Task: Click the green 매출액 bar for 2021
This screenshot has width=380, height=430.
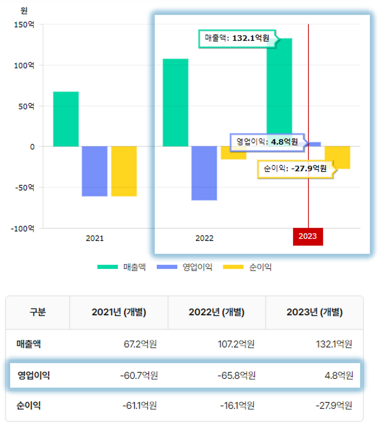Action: click(x=66, y=119)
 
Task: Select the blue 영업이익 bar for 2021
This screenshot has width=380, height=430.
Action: click(x=94, y=171)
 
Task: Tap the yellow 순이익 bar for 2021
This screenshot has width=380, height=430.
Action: click(x=124, y=171)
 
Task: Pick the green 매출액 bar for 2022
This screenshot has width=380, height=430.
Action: click(x=175, y=102)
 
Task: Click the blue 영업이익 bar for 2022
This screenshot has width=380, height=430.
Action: click(x=204, y=173)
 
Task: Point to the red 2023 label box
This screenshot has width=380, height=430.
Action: click(x=308, y=236)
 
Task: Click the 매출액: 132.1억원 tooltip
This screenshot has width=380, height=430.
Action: click(x=237, y=38)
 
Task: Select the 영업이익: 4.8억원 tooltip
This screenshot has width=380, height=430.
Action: click(x=267, y=142)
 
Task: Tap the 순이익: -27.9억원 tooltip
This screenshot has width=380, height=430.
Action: click(x=295, y=169)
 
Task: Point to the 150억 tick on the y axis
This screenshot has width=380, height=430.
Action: click(x=24, y=25)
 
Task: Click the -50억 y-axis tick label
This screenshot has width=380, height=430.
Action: click(x=25, y=188)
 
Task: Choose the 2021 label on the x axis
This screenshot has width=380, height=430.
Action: click(x=95, y=238)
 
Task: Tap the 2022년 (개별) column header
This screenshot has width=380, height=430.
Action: click(x=216, y=312)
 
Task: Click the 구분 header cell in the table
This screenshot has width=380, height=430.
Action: click(x=38, y=312)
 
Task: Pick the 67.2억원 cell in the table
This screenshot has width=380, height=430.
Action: click(x=140, y=344)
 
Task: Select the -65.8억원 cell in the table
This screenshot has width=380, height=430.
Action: click(x=237, y=375)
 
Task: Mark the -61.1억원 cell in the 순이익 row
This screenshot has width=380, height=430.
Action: click(x=140, y=405)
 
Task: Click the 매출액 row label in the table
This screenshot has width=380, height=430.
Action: click(x=29, y=344)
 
